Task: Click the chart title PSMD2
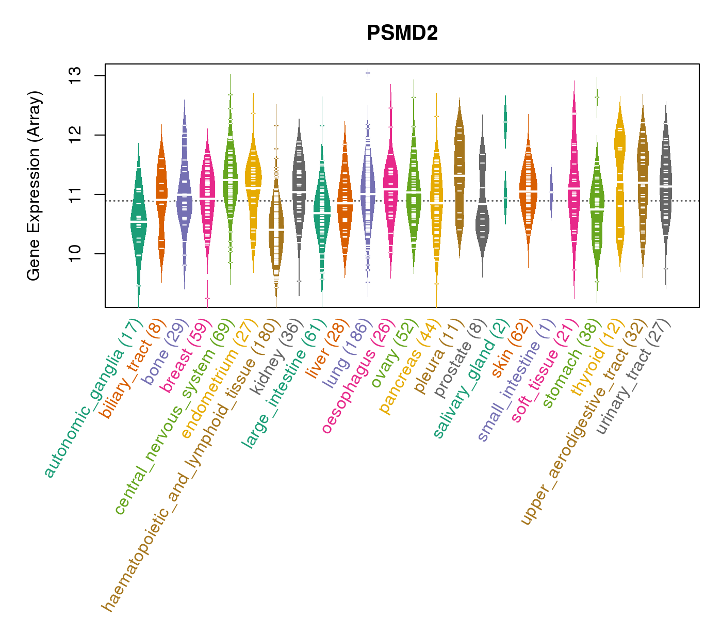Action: [402, 34]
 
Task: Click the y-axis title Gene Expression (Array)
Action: [34, 186]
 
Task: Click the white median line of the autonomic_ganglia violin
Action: [138, 221]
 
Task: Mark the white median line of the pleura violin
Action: [460, 176]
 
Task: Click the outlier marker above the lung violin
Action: [368, 73]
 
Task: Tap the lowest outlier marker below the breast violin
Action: [207, 298]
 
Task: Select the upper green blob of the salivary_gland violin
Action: [505, 121]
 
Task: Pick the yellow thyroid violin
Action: [620, 181]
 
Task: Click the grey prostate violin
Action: [482, 206]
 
